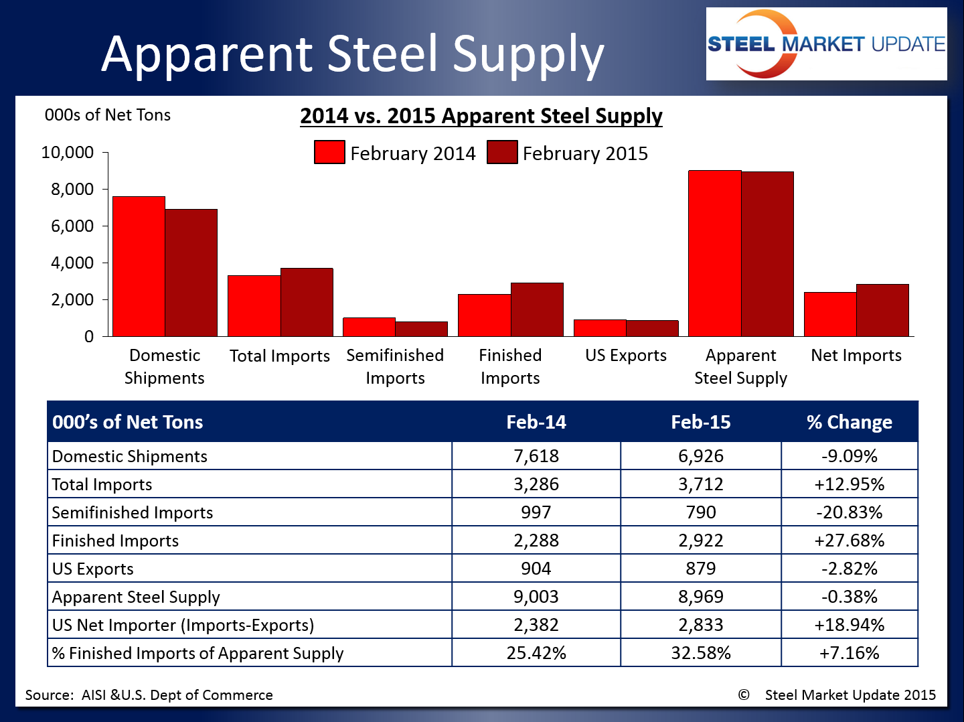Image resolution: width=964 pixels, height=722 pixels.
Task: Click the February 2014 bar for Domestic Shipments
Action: click(x=139, y=266)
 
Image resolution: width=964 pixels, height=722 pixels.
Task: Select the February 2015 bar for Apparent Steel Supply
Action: click(x=767, y=254)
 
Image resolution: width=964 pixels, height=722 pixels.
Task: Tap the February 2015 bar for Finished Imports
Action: click(x=537, y=309)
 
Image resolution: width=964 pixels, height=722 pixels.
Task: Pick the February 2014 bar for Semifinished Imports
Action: click(x=369, y=327)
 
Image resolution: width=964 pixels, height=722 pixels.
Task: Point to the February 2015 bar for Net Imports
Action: click(x=882, y=310)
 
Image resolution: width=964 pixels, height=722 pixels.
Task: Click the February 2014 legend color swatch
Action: click(x=329, y=153)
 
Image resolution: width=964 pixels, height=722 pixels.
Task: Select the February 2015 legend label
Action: click(x=584, y=153)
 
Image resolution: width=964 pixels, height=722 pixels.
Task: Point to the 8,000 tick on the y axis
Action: click(x=72, y=190)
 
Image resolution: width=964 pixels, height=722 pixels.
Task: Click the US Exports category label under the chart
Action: click(x=626, y=356)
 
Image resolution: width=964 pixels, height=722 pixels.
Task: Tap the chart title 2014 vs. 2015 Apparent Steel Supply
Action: click(x=481, y=116)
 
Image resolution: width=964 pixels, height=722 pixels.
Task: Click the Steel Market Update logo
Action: click(x=826, y=44)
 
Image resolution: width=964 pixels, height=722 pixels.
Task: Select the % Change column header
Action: click(x=849, y=422)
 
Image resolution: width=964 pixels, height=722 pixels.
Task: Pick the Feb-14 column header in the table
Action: click(x=536, y=422)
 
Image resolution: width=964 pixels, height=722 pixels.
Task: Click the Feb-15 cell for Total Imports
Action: click(x=700, y=484)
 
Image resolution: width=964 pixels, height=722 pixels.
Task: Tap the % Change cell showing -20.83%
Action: click(x=849, y=512)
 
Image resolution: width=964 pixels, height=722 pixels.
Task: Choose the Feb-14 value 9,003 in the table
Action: click(x=536, y=597)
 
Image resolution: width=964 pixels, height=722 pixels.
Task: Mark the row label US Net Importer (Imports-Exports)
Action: click(x=183, y=625)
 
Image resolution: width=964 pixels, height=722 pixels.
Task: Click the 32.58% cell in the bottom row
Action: click(x=700, y=653)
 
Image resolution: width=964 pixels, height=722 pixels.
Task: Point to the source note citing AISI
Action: click(x=149, y=695)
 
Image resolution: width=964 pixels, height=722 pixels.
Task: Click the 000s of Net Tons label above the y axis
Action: click(x=107, y=115)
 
